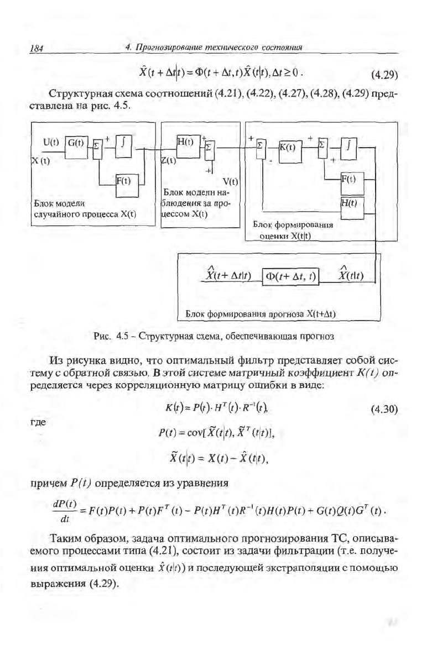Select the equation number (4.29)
coord(384,75)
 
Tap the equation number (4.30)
coord(384,410)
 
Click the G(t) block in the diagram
coord(76,147)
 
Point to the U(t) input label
coord(51,143)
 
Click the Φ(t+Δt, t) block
coord(290,276)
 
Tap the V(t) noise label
coord(230,181)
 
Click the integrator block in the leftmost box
coord(124,147)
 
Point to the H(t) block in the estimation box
coord(352,208)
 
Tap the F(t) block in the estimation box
coord(352,184)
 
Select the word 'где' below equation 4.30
coord(39,423)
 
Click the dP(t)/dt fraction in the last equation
coord(65,511)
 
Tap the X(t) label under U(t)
coord(40,160)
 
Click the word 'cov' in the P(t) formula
coord(194,433)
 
